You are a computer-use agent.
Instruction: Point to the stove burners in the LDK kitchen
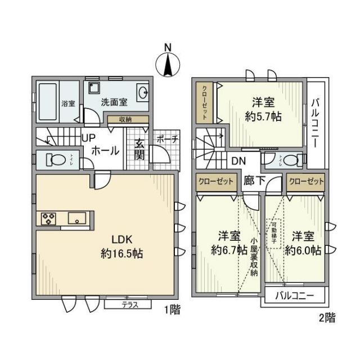point(47,218)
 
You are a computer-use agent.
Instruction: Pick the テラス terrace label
point(136,305)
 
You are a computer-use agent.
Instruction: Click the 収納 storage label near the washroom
point(126,119)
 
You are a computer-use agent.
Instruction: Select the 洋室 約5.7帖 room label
point(263,109)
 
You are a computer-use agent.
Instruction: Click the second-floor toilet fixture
point(291,160)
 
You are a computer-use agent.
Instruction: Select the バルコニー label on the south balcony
point(294,296)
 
